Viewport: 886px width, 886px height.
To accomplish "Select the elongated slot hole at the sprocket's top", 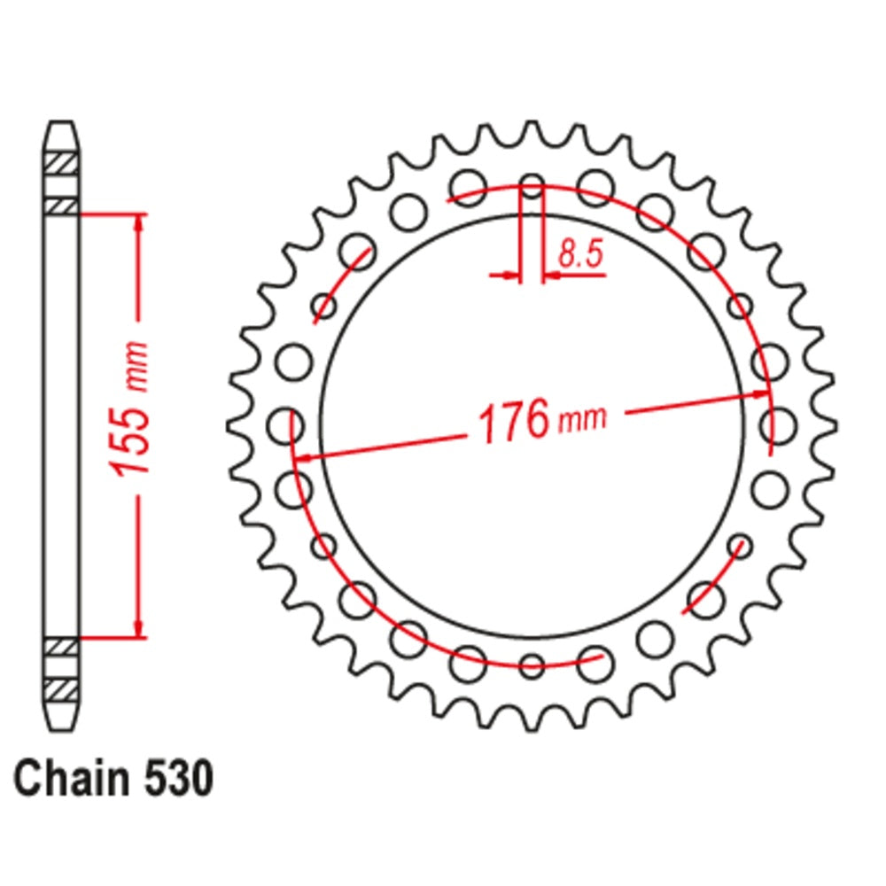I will pos(532,189).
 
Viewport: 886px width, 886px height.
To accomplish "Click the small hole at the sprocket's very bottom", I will pos(532,666).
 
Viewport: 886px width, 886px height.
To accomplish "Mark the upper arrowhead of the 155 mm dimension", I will pos(138,222).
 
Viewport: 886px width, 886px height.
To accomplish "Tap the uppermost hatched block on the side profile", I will pos(62,164).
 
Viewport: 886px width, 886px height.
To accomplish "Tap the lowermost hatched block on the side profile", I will pos(62,688).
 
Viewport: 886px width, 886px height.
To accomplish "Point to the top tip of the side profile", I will pos(62,125).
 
